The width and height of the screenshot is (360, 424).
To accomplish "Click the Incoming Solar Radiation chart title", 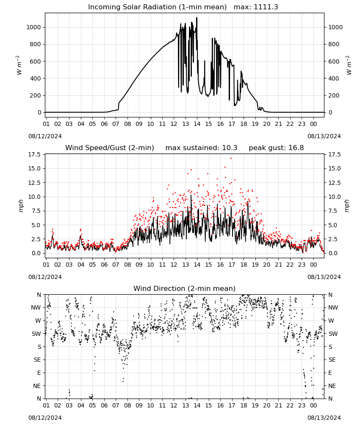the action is [x=157, y=7].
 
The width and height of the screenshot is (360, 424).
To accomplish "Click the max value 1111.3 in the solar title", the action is [x=266, y=7].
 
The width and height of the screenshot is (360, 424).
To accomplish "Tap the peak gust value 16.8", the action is [x=296, y=148].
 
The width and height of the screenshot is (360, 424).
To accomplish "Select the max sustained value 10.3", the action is [x=230, y=148].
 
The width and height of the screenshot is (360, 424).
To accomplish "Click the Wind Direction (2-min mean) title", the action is [x=185, y=288].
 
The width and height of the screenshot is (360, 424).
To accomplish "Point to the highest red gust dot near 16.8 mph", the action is [x=231, y=159].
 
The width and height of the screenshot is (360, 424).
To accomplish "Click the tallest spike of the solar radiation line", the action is [x=197, y=17].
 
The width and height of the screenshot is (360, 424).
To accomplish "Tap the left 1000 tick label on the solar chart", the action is [x=33, y=27].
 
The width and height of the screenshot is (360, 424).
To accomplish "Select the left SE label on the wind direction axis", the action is [x=38, y=360].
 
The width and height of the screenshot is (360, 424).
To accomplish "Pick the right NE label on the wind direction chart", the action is [x=332, y=386].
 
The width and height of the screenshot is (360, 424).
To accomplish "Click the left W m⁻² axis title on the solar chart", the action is [x=19, y=65].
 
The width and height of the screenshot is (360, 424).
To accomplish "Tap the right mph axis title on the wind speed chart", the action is [x=346, y=206].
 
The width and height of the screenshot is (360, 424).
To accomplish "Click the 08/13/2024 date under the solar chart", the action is [x=324, y=136].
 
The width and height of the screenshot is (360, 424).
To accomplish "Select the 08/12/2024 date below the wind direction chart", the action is [x=45, y=418].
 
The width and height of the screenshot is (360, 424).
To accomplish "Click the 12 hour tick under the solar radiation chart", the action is [x=174, y=124].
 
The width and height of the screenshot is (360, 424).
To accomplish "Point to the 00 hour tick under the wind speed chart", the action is [x=313, y=265].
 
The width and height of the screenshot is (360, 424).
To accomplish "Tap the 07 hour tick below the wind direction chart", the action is [x=116, y=405].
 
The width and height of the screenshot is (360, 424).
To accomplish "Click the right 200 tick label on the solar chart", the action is [x=334, y=96].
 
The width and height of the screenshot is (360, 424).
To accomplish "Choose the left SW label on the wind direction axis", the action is [x=36, y=334].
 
